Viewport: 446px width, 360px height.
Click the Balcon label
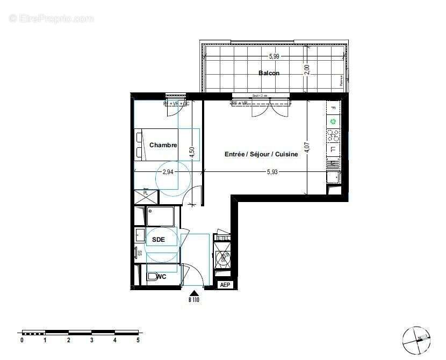(x=269, y=73)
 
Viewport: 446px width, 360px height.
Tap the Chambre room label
(x=163, y=145)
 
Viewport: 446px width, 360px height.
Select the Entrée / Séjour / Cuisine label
(x=261, y=154)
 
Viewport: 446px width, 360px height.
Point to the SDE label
(x=158, y=240)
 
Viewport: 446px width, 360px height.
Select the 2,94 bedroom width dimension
(x=168, y=172)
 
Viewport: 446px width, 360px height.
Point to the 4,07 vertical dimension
(x=307, y=147)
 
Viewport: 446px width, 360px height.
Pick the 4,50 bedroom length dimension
(x=191, y=152)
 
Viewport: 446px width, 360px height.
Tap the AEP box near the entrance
(x=225, y=285)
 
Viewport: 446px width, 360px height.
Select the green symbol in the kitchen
(x=333, y=122)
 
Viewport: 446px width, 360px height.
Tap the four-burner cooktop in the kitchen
(x=333, y=135)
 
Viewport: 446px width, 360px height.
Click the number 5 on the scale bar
(x=138, y=340)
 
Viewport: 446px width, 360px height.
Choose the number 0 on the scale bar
(x=22, y=340)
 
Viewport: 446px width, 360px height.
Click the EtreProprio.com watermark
(x=51, y=18)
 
